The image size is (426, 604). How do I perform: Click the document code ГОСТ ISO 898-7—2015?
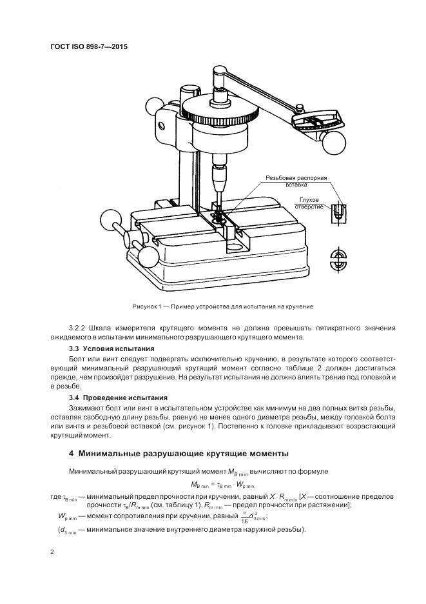coord(88,47)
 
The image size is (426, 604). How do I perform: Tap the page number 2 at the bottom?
coord(52,552)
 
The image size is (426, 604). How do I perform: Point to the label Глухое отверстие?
coord(310,203)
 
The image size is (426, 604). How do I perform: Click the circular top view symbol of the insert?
coord(338,259)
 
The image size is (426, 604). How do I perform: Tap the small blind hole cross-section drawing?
coord(336,214)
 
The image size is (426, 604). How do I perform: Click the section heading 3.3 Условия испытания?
coord(111,348)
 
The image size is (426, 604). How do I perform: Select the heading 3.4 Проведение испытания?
coord(118,398)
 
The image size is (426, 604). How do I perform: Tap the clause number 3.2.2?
coord(78,328)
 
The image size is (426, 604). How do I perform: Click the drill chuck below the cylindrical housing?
coord(218,174)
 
